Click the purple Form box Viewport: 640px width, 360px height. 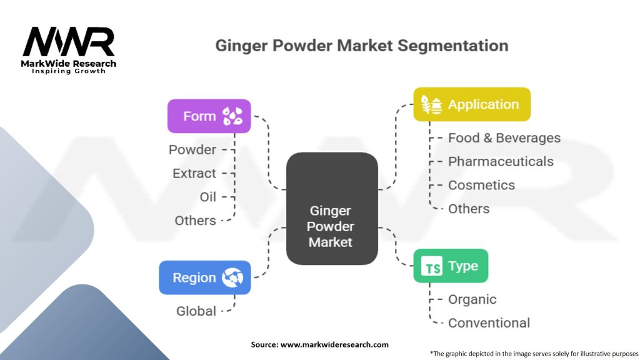(x=209, y=116)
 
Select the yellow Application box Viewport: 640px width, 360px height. (x=472, y=104)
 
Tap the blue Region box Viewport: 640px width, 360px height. (x=205, y=277)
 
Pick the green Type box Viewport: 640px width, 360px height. (x=451, y=266)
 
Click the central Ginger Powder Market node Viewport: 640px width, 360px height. (x=332, y=209)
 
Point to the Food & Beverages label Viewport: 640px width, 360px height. (x=504, y=138)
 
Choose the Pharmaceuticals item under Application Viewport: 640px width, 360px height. (x=501, y=162)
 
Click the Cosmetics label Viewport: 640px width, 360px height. (x=481, y=185)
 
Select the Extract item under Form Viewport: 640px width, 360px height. (x=194, y=174)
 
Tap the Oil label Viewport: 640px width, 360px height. (x=207, y=197)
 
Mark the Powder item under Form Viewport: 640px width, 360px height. (x=192, y=150)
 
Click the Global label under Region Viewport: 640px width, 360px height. (x=196, y=311)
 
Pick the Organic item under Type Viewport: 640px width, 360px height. (x=472, y=299)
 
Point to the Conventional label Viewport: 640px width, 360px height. (x=489, y=323)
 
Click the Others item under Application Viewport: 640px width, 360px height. (x=469, y=209)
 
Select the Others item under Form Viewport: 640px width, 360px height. (x=195, y=221)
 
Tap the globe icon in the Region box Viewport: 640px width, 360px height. (x=232, y=277)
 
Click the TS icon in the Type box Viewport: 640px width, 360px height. (x=432, y=266)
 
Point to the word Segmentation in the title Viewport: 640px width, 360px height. (x=453, y=46)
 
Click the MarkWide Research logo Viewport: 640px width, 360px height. (x=69, y=50)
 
